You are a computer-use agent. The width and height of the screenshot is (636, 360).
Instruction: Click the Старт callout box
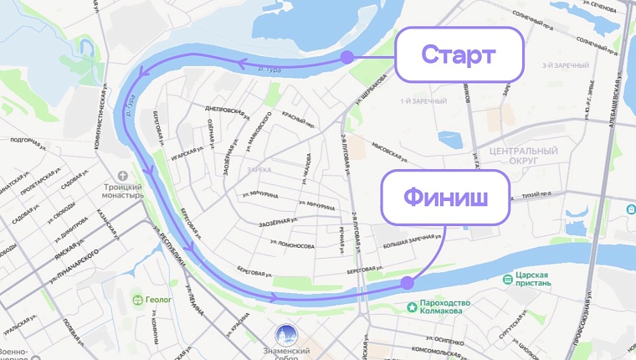coord(459,55)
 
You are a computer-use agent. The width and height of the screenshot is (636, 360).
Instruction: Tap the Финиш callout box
coord(445,198)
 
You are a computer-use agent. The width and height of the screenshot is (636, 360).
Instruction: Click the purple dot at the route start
coord(346,58)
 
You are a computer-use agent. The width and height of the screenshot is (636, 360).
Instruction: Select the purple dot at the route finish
coord(407,283)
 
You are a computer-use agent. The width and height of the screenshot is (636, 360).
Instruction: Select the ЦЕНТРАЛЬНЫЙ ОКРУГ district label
coord(523,157)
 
